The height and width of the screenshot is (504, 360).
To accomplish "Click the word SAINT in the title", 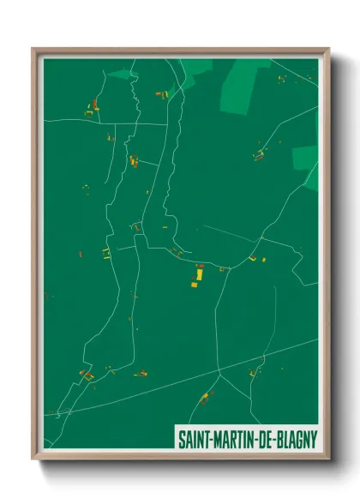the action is tap(195, 437).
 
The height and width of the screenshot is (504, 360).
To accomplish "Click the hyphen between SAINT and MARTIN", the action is tap(211, 438).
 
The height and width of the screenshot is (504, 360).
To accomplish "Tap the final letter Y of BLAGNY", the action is tap(314, 437).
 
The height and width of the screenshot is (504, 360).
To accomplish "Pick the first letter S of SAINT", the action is tap(181, 437).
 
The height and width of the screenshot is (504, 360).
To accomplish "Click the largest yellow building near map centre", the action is tap(199, 275).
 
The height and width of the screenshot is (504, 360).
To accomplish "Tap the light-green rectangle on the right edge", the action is tap(304, 158).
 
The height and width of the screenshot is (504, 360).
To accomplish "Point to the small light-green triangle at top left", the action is tap(123, 75).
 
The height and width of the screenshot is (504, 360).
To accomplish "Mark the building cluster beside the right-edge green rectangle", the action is tap(259, 155).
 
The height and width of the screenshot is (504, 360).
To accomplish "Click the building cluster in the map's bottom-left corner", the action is tap(86, 375).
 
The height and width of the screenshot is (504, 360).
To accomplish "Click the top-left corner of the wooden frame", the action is tap(33, 49).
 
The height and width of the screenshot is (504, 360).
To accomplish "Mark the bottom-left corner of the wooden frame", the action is tap(33, 461).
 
